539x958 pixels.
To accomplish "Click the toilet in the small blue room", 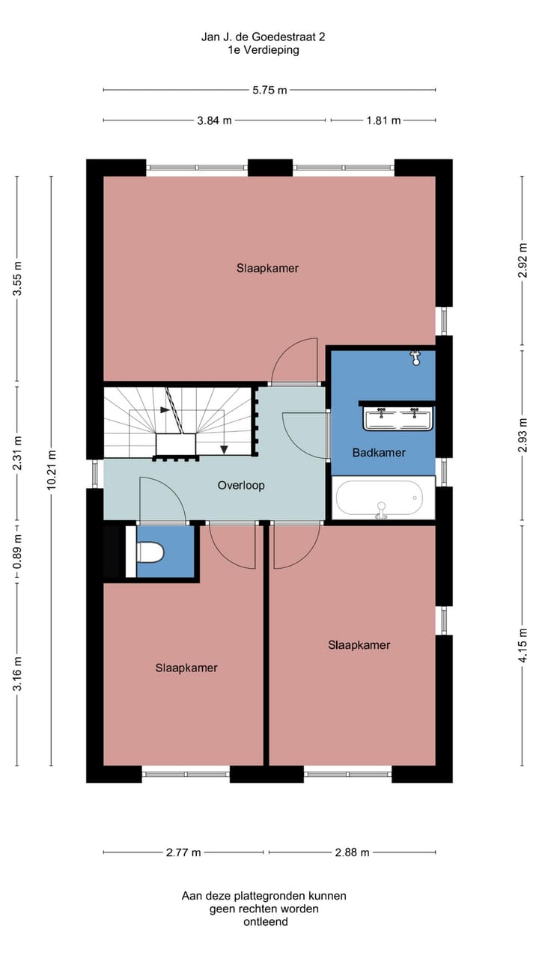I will [150, 552].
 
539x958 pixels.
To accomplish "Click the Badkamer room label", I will [379, 452].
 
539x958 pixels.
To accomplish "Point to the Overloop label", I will [241, 485].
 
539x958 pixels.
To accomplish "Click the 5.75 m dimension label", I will [269, 90].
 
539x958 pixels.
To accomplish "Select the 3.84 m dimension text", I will [214, 120].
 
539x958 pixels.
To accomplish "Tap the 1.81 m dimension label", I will [383, 120].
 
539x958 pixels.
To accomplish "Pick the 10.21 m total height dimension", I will [51, 470].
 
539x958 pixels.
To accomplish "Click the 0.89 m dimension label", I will [17, 551].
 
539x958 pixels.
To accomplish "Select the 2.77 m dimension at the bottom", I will [183, 852].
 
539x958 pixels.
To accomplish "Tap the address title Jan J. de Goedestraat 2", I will [264, 36].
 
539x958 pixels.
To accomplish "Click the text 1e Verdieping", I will [264, 50].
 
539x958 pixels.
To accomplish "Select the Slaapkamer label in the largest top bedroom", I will [267, 268].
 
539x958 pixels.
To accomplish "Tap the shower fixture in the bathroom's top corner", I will [415, 358].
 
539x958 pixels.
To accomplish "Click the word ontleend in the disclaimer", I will [265, 922].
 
